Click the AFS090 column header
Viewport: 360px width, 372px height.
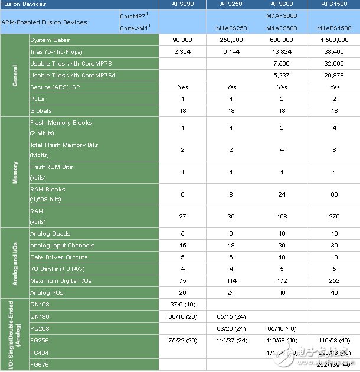click(182, 5)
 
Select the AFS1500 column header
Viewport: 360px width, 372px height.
click(335, 5)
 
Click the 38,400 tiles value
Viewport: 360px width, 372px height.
click(335, 52)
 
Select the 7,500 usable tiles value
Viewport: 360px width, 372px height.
click(282, 63)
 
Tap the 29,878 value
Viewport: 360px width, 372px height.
click(335, 75)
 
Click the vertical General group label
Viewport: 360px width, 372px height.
click(15, 75)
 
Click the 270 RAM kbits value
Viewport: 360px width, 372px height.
click(335, 216)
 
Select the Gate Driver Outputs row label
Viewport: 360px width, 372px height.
click(58, 257)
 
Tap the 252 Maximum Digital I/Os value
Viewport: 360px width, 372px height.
click(335, 280)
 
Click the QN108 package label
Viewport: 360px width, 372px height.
click(40, 305)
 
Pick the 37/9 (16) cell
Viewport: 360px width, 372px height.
click(182, 305)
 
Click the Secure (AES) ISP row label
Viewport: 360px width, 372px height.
click(55, 87)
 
